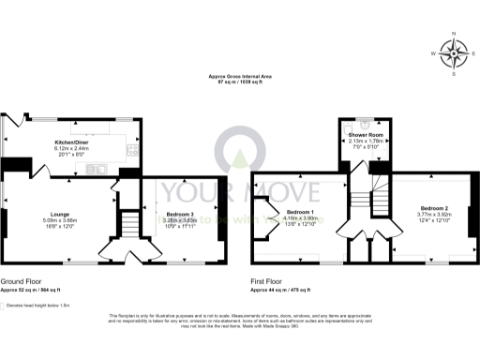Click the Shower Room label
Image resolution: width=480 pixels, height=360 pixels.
point(363,135)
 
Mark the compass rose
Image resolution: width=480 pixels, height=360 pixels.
point(454,53)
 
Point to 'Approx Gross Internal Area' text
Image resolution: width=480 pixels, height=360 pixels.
point(239,77)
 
